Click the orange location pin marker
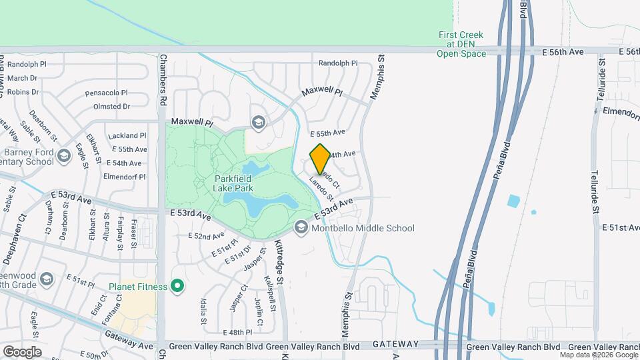pos(320,159)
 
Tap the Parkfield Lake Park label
pos(241,183)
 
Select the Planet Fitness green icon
pos(177,287)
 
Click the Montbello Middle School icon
pos(301,228)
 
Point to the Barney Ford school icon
pos(64,156)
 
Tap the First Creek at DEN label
pos(461,44)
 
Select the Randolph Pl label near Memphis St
pos(338,63)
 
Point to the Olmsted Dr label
pos(112,106)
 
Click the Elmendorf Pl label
pos(125,177)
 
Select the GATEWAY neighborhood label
pos(395,344)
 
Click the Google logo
pos(22,351)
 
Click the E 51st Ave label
pos(620,227)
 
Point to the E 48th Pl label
pos(239,332)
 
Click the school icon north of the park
pos(258,121)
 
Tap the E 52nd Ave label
pos(206,236)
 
